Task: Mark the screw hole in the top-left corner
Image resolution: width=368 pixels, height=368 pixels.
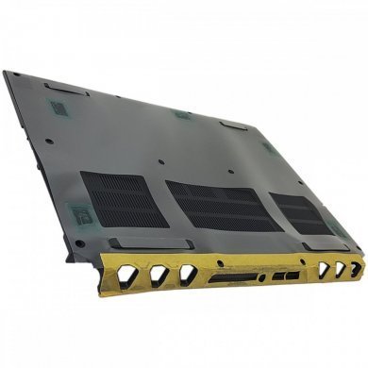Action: click(16, 75)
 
